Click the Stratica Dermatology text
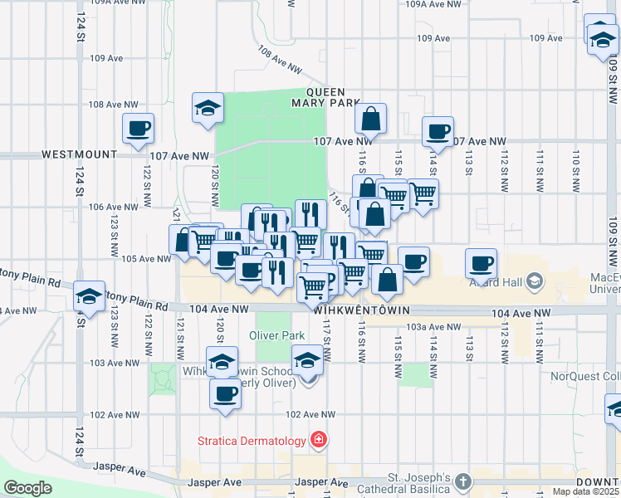252,440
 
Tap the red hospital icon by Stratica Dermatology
317,439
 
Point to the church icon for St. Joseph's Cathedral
463,481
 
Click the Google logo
28,488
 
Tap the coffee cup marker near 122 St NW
139,128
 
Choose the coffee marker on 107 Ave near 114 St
438,130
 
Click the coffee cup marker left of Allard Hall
481,263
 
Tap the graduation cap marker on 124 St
89,295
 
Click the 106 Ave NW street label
132,207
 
